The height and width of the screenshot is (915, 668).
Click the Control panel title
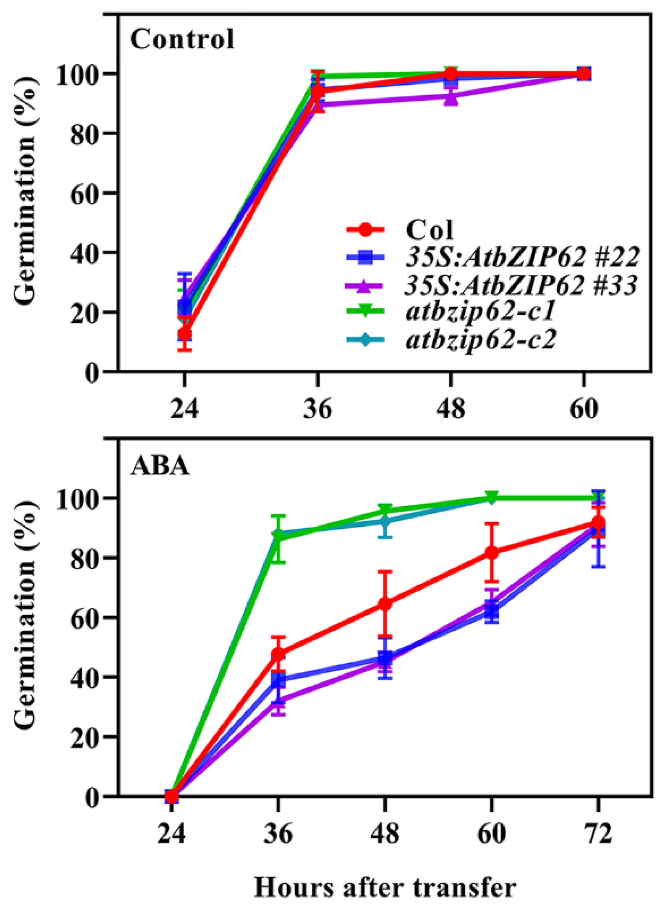pyautogui.click(x=182, y=39)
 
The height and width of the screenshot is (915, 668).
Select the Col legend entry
pyautogui.click(x=430, y=230)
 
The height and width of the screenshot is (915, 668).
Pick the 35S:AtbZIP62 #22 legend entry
pyautogui.click(x=522, y=257)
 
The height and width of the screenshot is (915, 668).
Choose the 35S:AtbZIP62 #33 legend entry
pyautogui.click(x=521, y=285)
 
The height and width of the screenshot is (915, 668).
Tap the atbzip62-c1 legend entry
pyautogui.click(x=481, y=311)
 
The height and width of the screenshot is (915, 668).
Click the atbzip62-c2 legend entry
pyautogui.click(x=481, y=339)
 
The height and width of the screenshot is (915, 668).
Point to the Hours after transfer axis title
pyautogui.click(x=385, y=888)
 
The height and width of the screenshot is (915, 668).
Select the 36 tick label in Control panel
pyautogui.click(x=317, y=408)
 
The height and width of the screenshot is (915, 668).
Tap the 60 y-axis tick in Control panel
pyautogui.click(x=84, y=193)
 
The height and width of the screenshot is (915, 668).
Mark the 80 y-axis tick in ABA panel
pyautogui.click(x=84, y=558)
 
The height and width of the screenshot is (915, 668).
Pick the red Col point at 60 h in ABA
pyautogui.click(x=492, y=553)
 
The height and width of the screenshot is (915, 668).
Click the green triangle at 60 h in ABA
pyautogui.click(x=492, y=498)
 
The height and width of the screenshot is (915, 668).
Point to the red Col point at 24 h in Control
pyautogui.click(x=185, y=334)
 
